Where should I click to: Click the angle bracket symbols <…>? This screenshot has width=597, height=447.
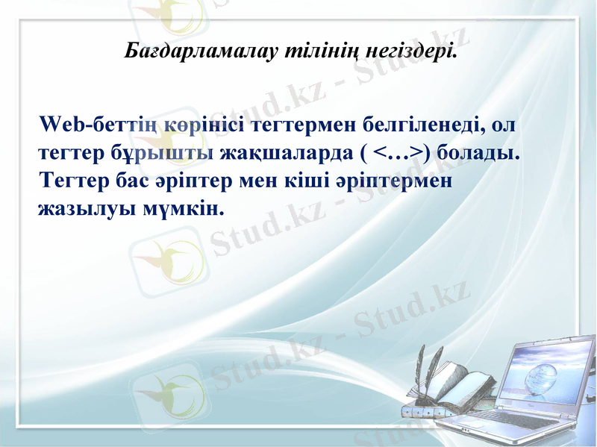coord(398,152)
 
